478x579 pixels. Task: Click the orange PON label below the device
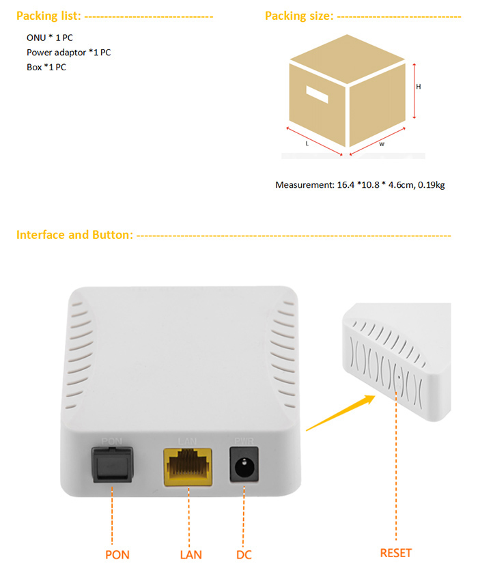click(117, 554)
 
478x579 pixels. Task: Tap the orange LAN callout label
click(191, 554)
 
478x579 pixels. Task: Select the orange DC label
click(244, 554)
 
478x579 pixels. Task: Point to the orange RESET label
click(395, 553)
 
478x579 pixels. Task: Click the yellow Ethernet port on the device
click(188, 467)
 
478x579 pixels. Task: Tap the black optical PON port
click(112, 464)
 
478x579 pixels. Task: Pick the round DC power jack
click(244, 464)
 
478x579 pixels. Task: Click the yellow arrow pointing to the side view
click(341, 413)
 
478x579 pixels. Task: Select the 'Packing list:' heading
click(48, 16)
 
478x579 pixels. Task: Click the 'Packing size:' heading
click(299, 16)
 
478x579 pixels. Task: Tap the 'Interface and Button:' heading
click(74, 235)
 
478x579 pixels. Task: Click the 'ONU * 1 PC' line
click(49, 38)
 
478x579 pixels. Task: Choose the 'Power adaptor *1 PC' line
click(68, 53)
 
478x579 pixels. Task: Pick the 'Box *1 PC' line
click(46, 67)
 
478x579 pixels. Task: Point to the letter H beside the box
click(418, 87)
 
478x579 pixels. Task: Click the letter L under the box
click(307, 143)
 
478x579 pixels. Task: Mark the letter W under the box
click(382, 144)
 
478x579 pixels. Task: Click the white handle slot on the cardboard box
click(317, 94)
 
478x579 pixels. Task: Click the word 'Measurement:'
click(305, 185)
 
